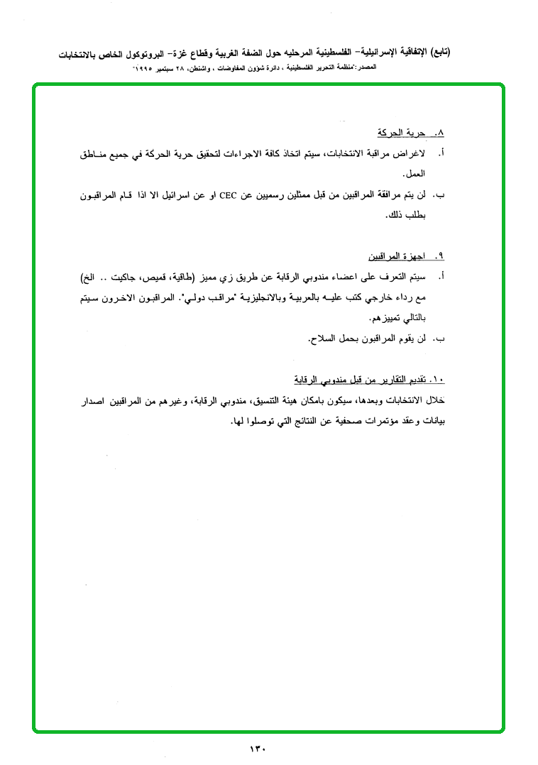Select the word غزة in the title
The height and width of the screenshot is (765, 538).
point(229,53)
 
